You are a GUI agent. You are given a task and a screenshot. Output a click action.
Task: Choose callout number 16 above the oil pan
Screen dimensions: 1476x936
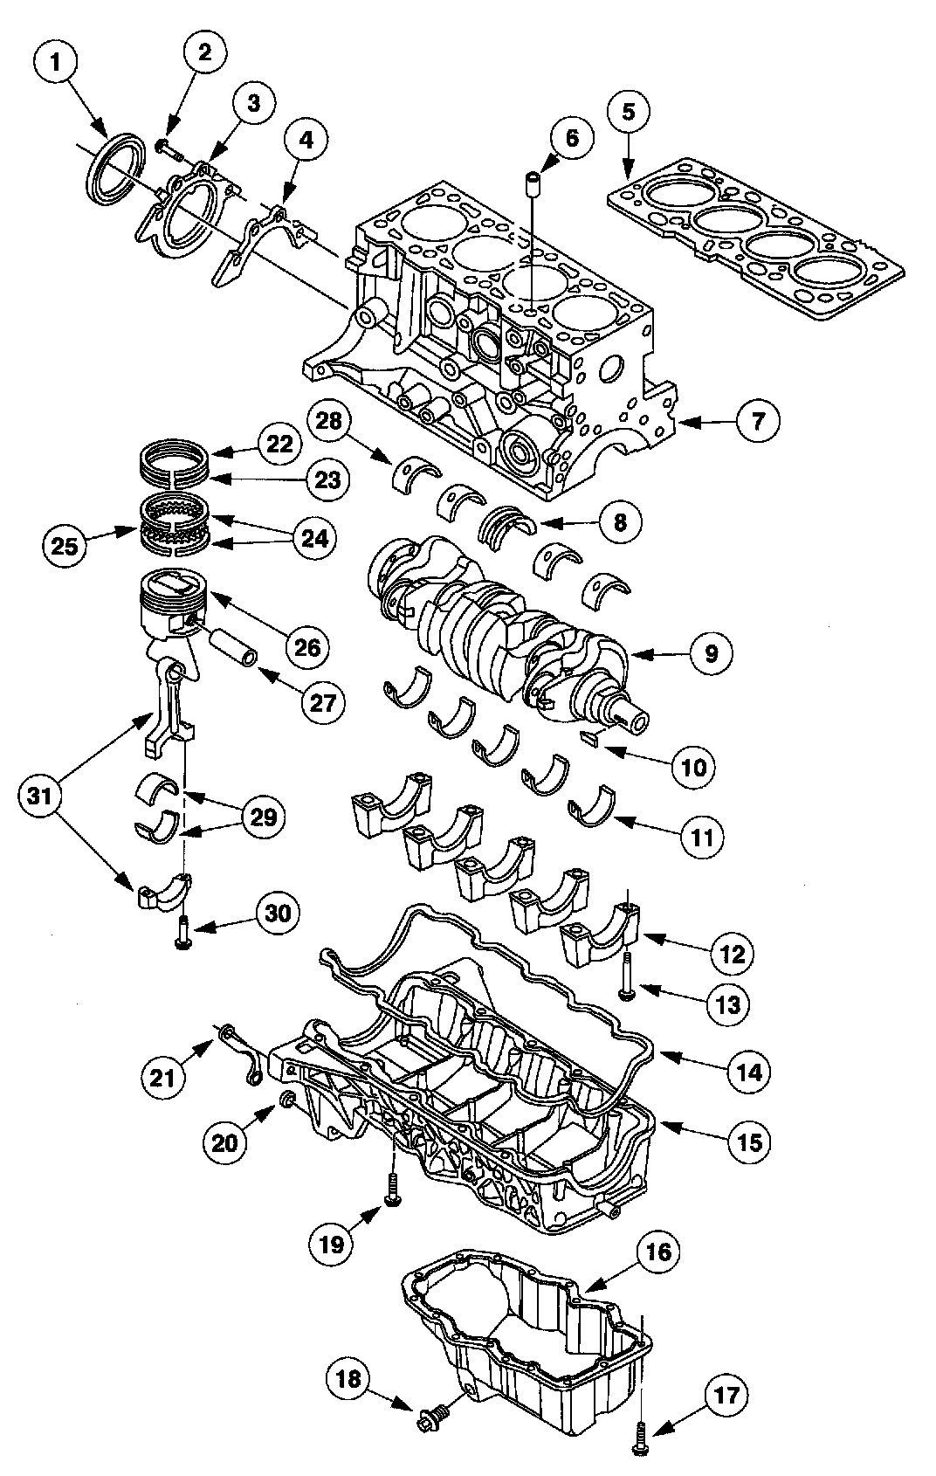(x=658, y=1252)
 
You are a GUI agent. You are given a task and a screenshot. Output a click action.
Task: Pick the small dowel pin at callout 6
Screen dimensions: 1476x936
(x=533, y=182)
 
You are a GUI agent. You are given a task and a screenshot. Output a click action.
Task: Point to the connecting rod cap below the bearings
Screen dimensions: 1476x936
(x=163, y=893)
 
